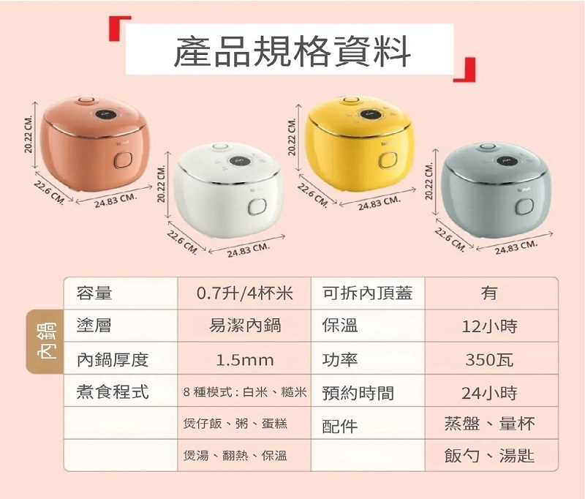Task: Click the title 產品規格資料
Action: [292, 50]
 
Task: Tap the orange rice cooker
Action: [96, 143]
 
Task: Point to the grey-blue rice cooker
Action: [496, 190]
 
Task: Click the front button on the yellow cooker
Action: [388, 160]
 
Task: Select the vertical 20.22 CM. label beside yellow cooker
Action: [292, 137]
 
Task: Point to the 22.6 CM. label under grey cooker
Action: [450, 239]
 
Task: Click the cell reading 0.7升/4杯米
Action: [245, 293]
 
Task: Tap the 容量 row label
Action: [94, 293]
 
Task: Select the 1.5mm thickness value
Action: [245, 360]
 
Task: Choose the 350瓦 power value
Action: [490, 360]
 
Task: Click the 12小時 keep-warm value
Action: [490, 326]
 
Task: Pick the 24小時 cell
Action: [490, 393]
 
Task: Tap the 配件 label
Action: [340, 426]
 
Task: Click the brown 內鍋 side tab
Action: [45, 341]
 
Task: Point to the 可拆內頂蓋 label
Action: [368, 293]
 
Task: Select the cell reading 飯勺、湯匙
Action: [489, 456]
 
